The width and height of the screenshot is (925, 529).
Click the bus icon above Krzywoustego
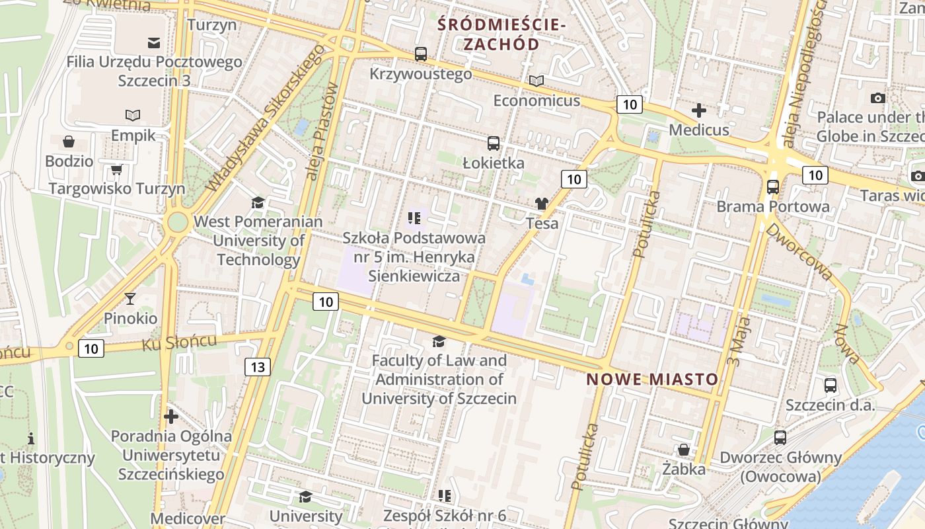421,54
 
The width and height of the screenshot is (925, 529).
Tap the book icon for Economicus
536,81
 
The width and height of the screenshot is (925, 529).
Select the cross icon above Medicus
699,110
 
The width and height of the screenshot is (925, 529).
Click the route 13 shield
258,367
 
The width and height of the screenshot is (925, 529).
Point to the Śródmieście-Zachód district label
501,35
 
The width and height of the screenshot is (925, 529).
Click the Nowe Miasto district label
652,380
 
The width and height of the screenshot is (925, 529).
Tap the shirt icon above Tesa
542,204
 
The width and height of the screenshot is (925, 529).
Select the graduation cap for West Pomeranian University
258,202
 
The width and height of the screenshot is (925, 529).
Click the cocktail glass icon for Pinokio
130,299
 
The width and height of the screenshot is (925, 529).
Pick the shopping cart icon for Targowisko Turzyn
117,170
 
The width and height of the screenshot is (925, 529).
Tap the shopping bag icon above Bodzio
69,142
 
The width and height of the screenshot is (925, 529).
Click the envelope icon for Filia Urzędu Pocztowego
154,43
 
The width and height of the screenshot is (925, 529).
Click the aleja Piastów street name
322,132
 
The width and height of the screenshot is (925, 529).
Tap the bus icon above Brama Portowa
773,187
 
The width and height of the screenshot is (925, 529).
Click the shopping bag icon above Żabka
684,450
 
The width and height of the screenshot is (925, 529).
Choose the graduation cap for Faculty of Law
439,341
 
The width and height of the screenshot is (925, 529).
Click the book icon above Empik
133,116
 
